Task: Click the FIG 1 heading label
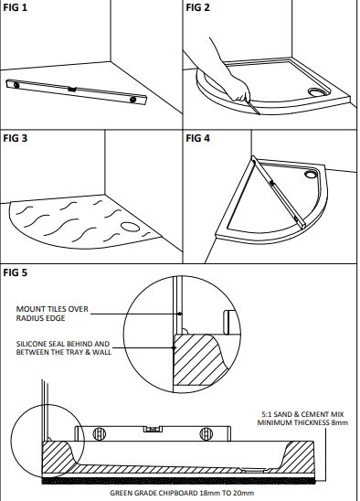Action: coord(15,7)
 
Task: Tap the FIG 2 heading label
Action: coord(197,7)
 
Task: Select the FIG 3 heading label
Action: coord(15,138)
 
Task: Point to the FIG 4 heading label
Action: coord(197,138)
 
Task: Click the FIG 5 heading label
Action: coord(15,272)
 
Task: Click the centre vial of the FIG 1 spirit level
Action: coord(72,90)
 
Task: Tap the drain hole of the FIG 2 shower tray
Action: coord(316,92)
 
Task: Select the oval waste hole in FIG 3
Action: coord(130,227)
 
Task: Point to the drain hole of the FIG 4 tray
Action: coord(310,175)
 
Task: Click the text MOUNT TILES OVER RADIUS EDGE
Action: coord(52,314)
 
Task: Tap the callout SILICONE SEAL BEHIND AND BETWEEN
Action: coord(64,348)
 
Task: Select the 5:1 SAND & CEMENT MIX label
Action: coord(302,414)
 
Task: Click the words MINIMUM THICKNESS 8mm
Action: coord(302,422)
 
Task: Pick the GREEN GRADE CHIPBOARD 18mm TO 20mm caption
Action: coord(182,493)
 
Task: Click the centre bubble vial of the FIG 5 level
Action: coord(153,429)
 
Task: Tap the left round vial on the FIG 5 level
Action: coord(99,433)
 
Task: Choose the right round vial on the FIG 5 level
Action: coord(206,433)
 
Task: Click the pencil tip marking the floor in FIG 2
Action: coord(259,113)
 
